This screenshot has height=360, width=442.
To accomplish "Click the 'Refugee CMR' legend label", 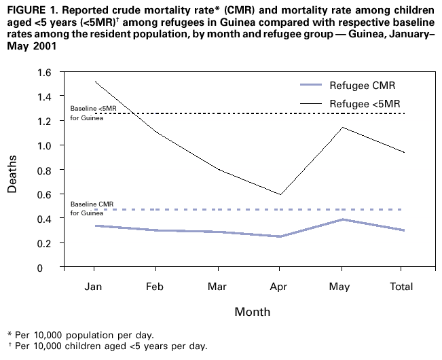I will [x=362, y=86].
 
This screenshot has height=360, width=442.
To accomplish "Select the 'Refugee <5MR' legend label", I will [x=365, y=104].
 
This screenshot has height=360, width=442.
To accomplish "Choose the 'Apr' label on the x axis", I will [x=279, y=287].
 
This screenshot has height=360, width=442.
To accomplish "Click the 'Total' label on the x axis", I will [x=402, y=287].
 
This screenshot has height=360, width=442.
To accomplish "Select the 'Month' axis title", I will [x=252, y=312].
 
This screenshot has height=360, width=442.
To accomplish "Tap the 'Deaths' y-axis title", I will [x=12, y=170].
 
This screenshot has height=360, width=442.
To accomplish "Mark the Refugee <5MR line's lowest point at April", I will [x=279, y=195].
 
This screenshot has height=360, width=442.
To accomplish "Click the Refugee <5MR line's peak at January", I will [x=95, y=82].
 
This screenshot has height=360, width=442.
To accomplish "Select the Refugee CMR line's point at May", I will [x=341, y=219].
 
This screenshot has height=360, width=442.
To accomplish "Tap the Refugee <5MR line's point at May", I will [x=341, y=128].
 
